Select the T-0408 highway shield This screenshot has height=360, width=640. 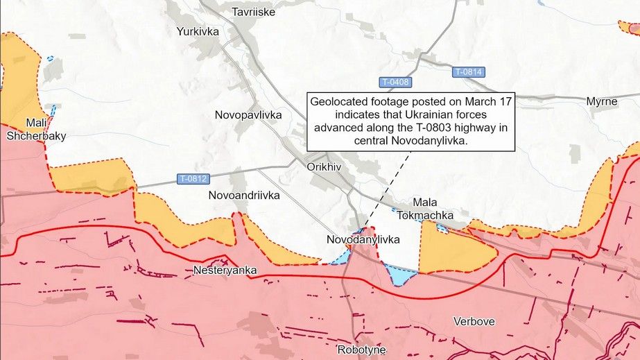pos(395,83)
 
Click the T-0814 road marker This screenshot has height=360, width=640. pos(469,72)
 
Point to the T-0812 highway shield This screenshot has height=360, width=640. pos(193,179)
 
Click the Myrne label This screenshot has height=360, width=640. pos(601,101)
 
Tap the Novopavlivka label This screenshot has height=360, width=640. pos(248,115)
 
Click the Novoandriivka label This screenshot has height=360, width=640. pos(244,196)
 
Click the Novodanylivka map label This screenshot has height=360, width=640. pos(363,239)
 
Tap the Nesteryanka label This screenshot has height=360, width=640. pos(225,270)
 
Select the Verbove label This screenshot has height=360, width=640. pos(474,321)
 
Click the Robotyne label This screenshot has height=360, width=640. pos(361,349)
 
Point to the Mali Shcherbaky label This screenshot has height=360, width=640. pos(36,130)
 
